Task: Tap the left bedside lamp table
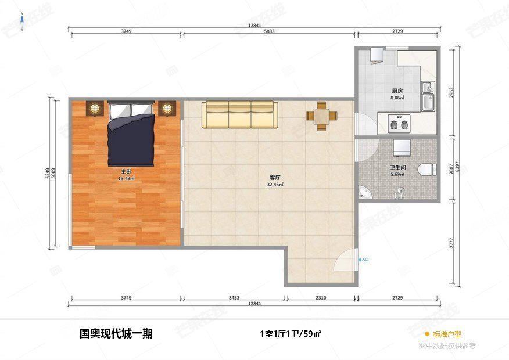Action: tap(94, 108)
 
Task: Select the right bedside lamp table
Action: tap(167, 108)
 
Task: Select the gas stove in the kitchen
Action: tap(399, 124)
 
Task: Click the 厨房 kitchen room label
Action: tap(397, 91)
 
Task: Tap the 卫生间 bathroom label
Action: tap(397, 168)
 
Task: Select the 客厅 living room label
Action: tap(275, 178)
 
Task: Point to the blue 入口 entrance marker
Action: tap(364, 260)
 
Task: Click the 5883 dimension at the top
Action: tap(268, 31)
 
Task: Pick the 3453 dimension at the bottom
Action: tap(233, 298)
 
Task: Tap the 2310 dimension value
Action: tap(321, 298)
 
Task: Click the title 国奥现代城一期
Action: tap(116, 334)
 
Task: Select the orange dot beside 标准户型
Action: tap(426, 334)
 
